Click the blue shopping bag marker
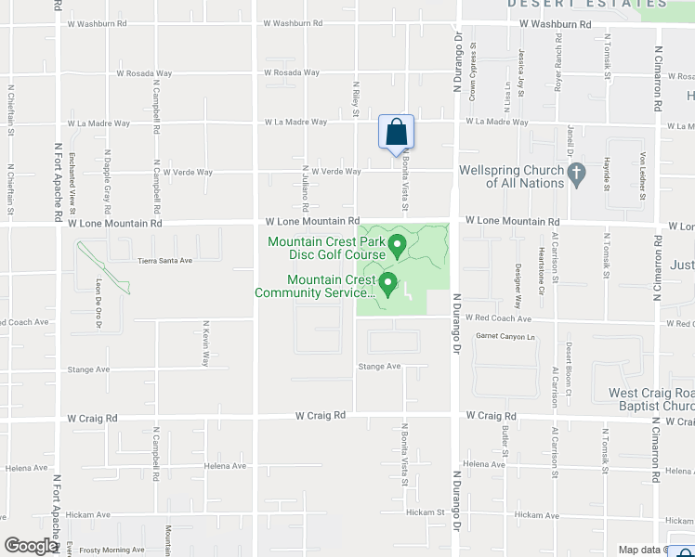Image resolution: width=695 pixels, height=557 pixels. (x=396, y=132)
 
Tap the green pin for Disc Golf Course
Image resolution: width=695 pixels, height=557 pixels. (x=398, y=246)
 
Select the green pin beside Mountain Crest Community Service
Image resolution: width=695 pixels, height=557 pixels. (x=388, y=284)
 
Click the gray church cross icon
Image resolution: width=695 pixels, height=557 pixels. (x=576, y=172)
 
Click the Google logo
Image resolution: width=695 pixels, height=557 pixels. (x=30, y=546)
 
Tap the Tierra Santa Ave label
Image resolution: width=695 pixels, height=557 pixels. (x=164, y=261)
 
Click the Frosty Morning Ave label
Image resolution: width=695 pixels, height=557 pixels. (x=112, y=551)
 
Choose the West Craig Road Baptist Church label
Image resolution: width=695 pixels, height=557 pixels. (x=651, y=400)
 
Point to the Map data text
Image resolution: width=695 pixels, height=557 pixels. (x=641, y=551)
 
